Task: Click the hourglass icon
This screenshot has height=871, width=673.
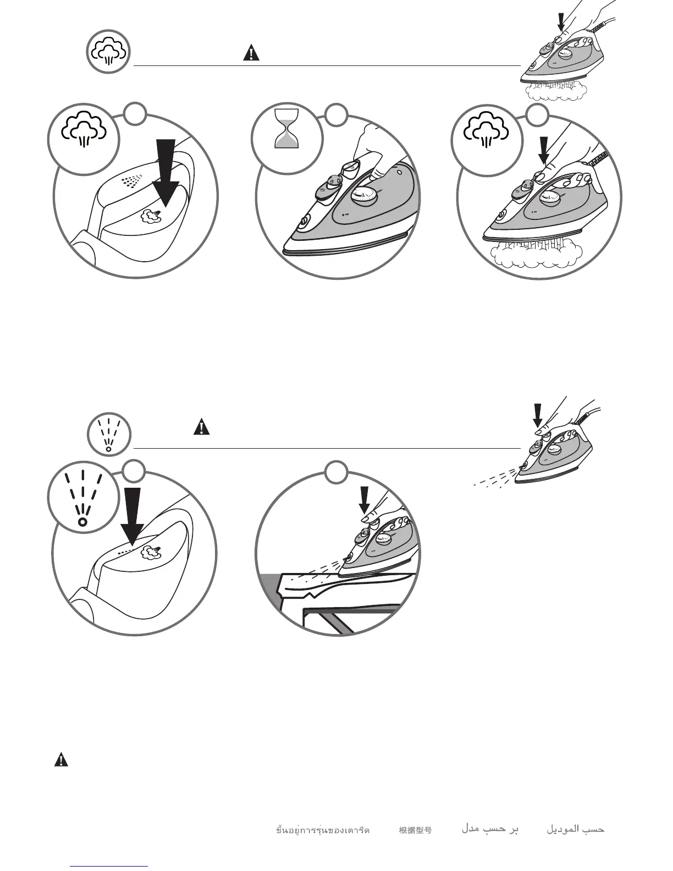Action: click(286, 129)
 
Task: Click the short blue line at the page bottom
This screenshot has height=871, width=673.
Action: click(109, 867)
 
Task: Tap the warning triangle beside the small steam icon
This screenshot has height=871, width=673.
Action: click(251, 53)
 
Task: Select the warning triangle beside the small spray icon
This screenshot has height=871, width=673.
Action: click(202, 427)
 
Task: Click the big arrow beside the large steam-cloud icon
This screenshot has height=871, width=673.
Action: click(166, 170)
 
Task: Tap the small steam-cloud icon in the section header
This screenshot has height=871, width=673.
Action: click(108, 52)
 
